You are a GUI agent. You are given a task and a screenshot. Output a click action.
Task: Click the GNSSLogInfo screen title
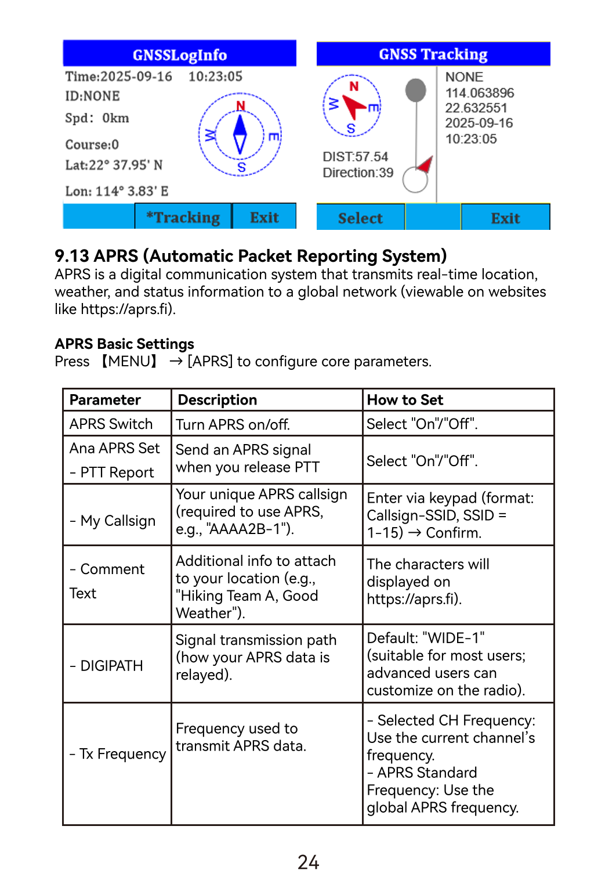(x=180, y=55)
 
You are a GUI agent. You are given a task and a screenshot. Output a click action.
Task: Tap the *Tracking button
(x=183, y=217)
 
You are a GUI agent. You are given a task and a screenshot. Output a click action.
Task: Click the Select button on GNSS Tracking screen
(x=360, y=218)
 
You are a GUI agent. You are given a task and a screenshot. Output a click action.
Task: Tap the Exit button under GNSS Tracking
(x=505, y=218)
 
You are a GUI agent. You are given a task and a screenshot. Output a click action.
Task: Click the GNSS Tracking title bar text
(x=433, y=55)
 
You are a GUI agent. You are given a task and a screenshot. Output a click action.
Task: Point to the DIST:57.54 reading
(x=355, y=157)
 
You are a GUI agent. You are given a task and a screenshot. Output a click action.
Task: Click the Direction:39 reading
(x=358, y=173)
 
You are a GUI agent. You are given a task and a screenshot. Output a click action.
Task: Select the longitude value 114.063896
(x=480, y=93)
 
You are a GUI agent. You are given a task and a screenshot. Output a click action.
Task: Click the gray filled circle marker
(x=415, y=90)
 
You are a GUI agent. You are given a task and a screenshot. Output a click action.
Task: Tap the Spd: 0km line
(x=97, y=118)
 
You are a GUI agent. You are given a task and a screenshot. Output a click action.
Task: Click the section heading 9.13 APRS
(x=250, y=256)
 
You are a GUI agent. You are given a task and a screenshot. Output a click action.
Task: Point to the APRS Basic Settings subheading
(x=124, y=344)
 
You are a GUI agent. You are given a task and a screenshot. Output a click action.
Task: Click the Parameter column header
(x=105, y=400)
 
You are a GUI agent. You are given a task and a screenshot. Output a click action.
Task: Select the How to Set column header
(x=405, y=400)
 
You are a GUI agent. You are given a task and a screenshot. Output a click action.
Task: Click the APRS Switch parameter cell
(x=111, y=424)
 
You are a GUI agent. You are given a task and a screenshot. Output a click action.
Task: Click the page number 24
(x=308, y=863)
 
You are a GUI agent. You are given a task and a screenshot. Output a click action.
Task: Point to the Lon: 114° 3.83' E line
(x=117, y=192)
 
